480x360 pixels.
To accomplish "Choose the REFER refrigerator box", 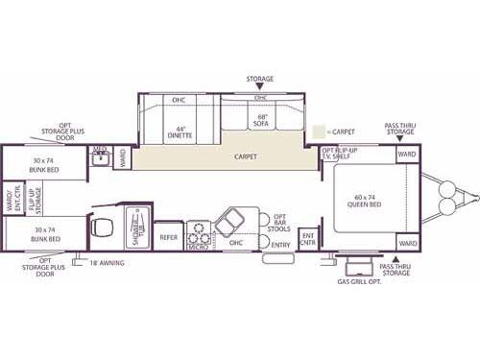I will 170,236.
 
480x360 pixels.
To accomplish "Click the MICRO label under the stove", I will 198,246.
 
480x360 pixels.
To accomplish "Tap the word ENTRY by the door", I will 280,245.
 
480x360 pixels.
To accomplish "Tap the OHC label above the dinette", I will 178,100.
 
